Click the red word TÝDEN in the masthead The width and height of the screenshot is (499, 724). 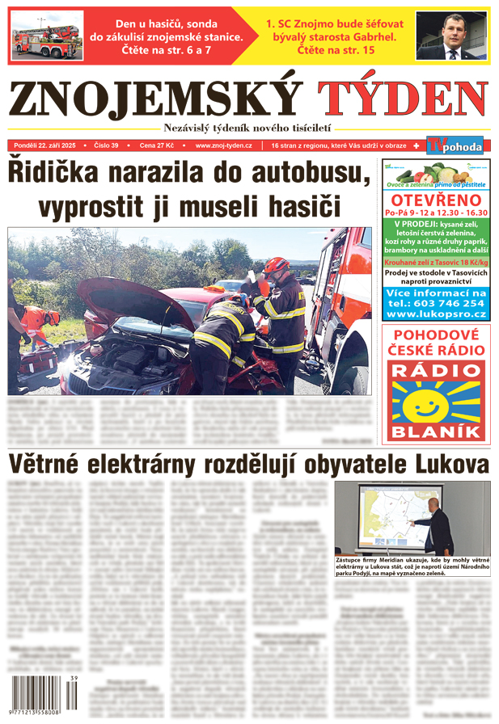403,101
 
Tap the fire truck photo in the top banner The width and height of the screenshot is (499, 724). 46,36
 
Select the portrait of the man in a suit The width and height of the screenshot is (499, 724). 451,36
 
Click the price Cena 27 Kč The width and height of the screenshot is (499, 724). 156,146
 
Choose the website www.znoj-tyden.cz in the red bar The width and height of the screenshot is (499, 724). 224,146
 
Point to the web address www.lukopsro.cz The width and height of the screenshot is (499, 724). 436,314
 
